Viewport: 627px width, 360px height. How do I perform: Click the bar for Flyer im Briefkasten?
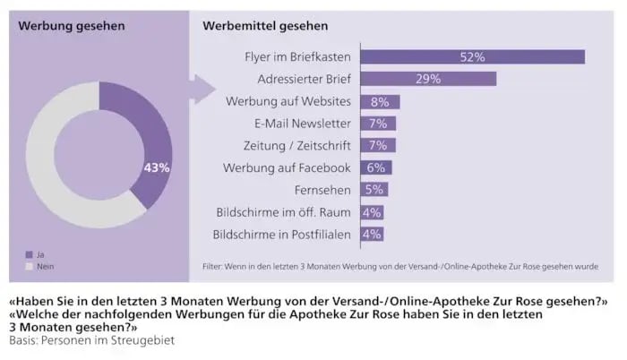coord(472,57)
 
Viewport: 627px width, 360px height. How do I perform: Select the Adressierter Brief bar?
coord(427,79)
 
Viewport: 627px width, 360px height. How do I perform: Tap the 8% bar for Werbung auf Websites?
coord(380,101)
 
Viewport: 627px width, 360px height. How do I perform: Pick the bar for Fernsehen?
coord(374,190)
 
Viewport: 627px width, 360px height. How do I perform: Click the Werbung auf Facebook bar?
coord(375,167)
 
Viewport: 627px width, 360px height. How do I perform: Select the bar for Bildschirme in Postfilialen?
coord(372,234)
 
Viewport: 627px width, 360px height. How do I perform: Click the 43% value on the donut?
coord(157,167)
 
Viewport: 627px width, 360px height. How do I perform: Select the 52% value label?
coord(472,57)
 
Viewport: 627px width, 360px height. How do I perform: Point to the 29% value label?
coord(427,79)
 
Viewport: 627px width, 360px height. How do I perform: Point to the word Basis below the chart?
coord(24,341)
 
